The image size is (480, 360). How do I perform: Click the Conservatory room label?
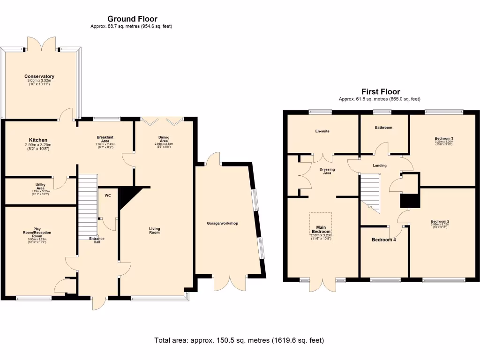[x=39, y=76]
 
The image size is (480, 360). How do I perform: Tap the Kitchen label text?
[x=38, y=140]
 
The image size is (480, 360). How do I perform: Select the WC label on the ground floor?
[x=107, y=195]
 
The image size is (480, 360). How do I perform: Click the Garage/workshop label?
[x=223, y=224]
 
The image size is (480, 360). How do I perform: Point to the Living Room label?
[x=154, y=231]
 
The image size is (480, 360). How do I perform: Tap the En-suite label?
[x=322, y=131]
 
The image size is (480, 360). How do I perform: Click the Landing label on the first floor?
[x=379, y=165]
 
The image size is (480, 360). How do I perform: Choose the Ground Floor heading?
[x=132, y=19]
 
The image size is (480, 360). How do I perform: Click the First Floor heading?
[x=380, y=92]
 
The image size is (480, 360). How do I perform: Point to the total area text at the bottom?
[x=239, y=340]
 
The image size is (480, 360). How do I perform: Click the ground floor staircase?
[x=87, y=206]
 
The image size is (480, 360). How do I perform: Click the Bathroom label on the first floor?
[x=383, y=127]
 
